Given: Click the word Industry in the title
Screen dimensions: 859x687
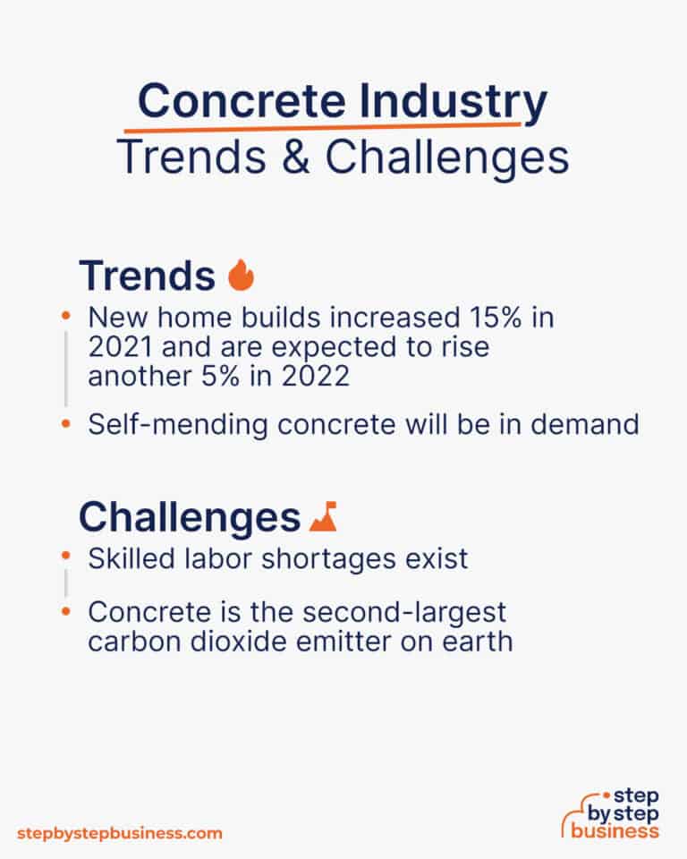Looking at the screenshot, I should [x=453, y=103].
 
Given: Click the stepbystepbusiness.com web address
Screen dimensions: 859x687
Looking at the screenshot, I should [x=119, y=833].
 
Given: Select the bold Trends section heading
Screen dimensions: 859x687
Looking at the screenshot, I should [x=147, y=276].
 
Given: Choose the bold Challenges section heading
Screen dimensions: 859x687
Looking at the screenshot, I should [x=189, y=517].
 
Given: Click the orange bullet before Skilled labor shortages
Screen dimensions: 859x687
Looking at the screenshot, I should [x=65, y=557].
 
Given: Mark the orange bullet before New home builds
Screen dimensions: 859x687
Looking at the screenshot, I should [x=65, y=317].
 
